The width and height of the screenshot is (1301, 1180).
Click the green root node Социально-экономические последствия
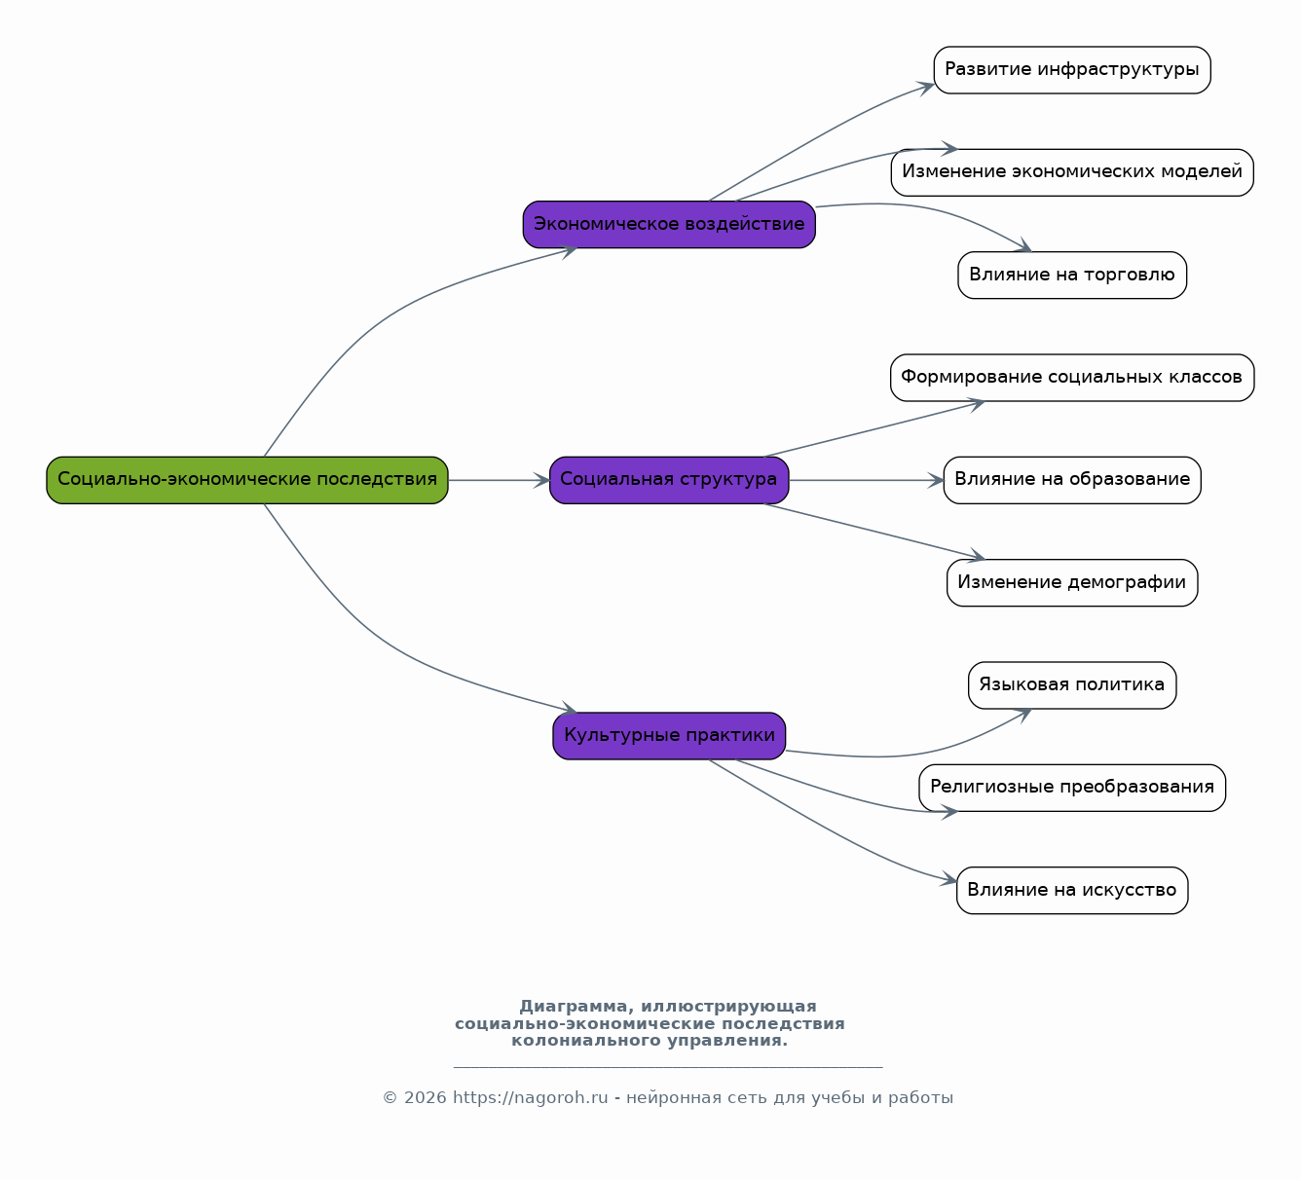pyautogui.click(x=247, y=480)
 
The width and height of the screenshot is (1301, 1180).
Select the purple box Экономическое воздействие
pyautogui.click(x=669, y=225)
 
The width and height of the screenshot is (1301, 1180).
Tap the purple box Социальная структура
pyautogui.click(x=669, y=480)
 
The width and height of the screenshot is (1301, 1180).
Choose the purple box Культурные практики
pyautogui.click(x=669, y=736)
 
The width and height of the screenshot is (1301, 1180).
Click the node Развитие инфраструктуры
pyautogui.click(x=1072, y=70)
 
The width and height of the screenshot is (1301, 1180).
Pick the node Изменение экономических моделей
pyautogui.click(x=1072, y=172)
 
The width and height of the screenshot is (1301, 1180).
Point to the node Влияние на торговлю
pyautogui.click(x=1072, y=276)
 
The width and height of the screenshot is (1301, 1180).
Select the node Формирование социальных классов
pyautogui.click(x=1072, y=378)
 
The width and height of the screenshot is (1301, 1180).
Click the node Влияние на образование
pyautogui.click(x=1072, y=480)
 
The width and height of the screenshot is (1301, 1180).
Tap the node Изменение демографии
pyautogui.click(x=1072, y=582)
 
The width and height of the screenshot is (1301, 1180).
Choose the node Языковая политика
pyautogui.click(x=1072, y=685)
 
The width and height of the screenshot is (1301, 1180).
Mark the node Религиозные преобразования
pyautogui.click(x=1072, y=788)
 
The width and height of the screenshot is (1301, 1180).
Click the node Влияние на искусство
pyautogui.click(x=1072, y=890)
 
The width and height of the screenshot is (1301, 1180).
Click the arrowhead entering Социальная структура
pyautogui.click(x=542, y=480)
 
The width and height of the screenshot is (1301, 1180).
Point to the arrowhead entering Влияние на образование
pyautogui.click(x=936, y=480)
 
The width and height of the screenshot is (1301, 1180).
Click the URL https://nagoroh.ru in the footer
pyautogui.click(x=530, y=1097)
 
